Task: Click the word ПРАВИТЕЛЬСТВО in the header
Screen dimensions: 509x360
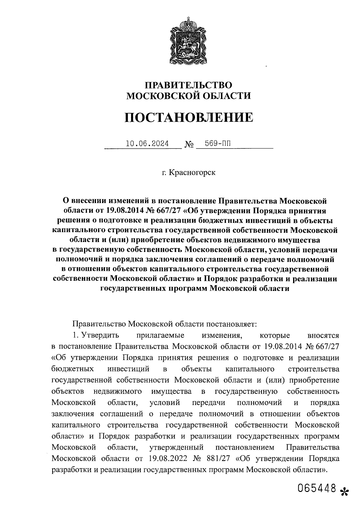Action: coord(189,85)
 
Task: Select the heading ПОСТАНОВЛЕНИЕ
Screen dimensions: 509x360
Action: coord(189,117)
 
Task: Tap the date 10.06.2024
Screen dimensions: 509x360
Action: coord(147,144)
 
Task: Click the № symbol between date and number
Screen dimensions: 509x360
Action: coord(189,145)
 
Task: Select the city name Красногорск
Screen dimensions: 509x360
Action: coord(192,173)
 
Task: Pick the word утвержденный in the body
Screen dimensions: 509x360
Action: coord(176,448)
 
